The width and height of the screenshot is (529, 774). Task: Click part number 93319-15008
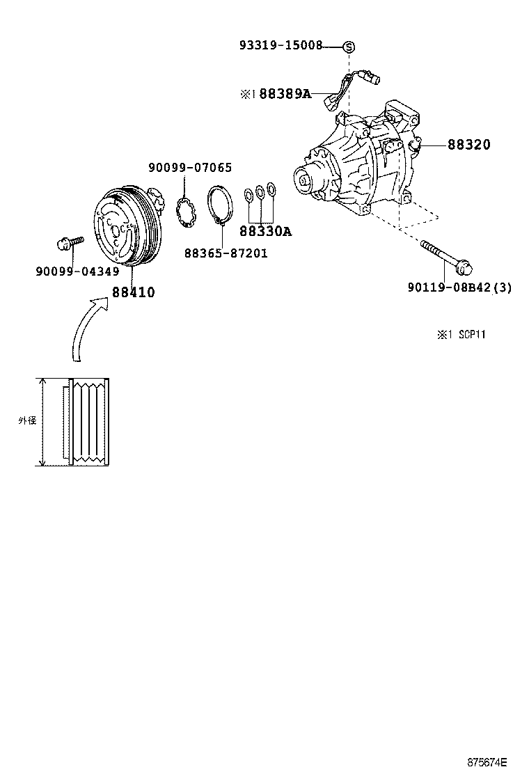coord(281,46)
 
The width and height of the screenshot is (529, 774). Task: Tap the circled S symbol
coord(349,47)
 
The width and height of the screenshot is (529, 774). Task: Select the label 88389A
coord(285,94)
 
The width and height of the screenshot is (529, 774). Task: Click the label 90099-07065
coord(190,168)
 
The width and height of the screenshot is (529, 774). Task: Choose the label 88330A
coord(265,232)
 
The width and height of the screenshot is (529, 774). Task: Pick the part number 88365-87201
coord(226,253)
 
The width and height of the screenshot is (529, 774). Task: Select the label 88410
coord(133,292)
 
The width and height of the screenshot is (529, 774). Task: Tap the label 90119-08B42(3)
coord(460,287)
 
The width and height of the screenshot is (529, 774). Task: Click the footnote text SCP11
coord(471,335)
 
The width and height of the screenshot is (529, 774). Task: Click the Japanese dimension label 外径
coord(26,421)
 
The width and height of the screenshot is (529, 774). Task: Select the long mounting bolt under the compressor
coord(446,255)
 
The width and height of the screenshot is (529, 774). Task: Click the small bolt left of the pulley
coord(68,242)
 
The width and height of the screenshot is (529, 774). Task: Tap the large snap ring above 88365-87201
coord(221,204)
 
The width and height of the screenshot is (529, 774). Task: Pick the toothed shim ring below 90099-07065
coord(184,211)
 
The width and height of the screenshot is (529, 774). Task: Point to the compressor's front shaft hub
coord(306,181)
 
